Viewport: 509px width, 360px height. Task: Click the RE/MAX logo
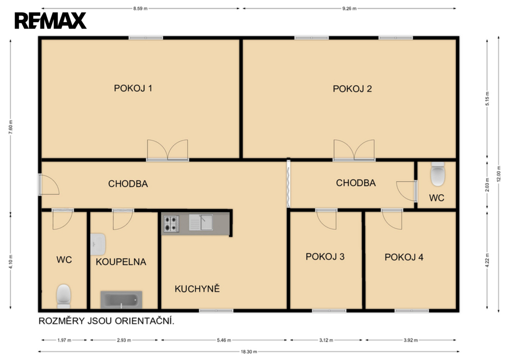click(x=50, y=21)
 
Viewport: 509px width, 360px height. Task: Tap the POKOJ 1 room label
click(x=133, y=88)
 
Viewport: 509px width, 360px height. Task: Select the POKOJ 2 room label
click(x=352, y=89)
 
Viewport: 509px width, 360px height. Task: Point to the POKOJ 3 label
click(x=325, y=256)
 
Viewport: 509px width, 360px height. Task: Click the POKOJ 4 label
click(x=404, y=257)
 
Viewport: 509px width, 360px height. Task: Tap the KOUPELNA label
click(x=121, y=262)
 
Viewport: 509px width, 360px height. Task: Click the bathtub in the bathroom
click(x=122, y=300)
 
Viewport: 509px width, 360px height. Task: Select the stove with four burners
click(x=171, y=224)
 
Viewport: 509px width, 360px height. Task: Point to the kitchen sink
click(x=201, y=223)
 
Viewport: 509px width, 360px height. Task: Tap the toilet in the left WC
click(x=64, y=296)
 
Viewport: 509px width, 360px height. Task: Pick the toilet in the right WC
click(x=437, y=174)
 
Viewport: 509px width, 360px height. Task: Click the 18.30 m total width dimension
click(x=249, y=352)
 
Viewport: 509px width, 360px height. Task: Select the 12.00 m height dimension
click(x=499, y=174)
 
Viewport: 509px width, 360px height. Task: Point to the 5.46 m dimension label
click(x=224, y=340)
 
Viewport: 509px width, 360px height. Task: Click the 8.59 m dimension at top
click(x=140, y=9)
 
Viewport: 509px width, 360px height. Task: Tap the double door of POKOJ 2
click(x=354, y=150)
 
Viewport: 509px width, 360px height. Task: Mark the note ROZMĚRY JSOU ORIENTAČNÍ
click(x=106, y=321)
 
